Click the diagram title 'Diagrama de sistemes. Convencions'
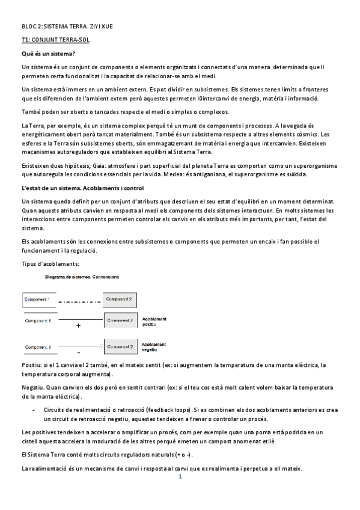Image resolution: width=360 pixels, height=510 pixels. pyautogui.click(x=82, y=277)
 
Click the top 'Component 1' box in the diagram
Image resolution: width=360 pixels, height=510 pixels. pyautogui.click(x=40, y=299)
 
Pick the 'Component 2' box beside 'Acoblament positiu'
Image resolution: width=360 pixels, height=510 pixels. pyautogui.click(x=120, y=321)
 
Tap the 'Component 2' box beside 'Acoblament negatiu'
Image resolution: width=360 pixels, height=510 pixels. pyautogui.click(x=120, y=347)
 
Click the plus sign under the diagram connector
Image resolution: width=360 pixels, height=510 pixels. pyautogui.click(x=78, y=325)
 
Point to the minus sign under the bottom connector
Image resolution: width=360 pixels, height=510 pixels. pyautogui.click(x=79, y=351)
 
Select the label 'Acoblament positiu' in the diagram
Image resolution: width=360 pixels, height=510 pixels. pyautogui.click(x=154, y=321)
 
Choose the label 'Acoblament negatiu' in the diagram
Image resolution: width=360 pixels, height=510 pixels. pyautogui.click(x=154, y=347)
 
